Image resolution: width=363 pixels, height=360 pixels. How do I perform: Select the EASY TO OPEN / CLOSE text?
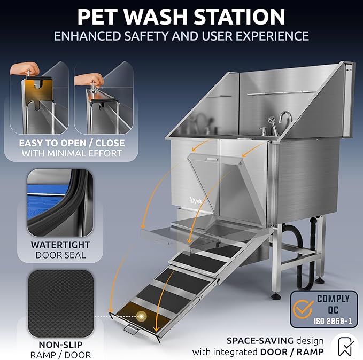[x=72, y=143]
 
